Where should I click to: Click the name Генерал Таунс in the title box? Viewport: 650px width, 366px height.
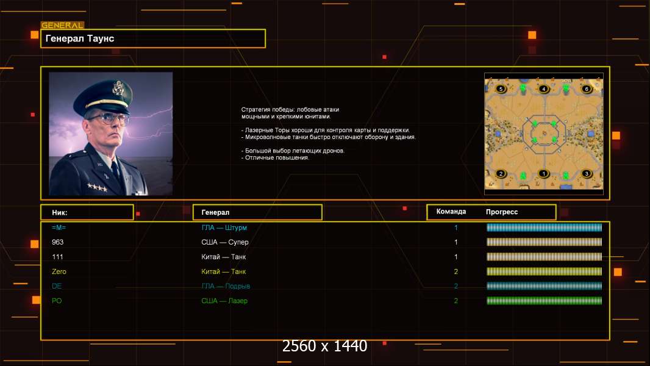coord(80,38)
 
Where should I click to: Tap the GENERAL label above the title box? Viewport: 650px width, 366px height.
coord(62,26)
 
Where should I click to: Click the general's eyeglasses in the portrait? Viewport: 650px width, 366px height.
coord(107,117)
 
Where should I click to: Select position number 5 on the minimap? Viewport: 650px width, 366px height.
coord(501,89)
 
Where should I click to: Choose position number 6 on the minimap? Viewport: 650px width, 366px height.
coord(587,89)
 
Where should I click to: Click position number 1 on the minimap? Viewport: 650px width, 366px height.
coord(544,174)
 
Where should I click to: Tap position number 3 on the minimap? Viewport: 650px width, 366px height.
coord(587,174)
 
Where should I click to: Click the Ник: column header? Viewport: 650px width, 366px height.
coord(60,212)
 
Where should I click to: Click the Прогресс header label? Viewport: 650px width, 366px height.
coord(502,212)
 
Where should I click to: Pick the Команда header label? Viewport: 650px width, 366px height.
coord(451,212)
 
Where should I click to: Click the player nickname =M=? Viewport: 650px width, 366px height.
coord(59,228)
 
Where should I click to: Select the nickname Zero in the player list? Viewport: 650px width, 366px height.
coord(59,271)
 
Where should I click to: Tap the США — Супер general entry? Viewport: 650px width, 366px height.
coord(225,242)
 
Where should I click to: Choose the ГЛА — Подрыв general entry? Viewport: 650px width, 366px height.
coord(226,286)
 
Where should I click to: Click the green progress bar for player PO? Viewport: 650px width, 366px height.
coord(544,301)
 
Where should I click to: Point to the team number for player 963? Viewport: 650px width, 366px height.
coord(456,242)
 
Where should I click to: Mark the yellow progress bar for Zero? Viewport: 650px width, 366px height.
coord(544,271)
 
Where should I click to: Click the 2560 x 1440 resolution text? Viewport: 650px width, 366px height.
coord(324,346)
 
